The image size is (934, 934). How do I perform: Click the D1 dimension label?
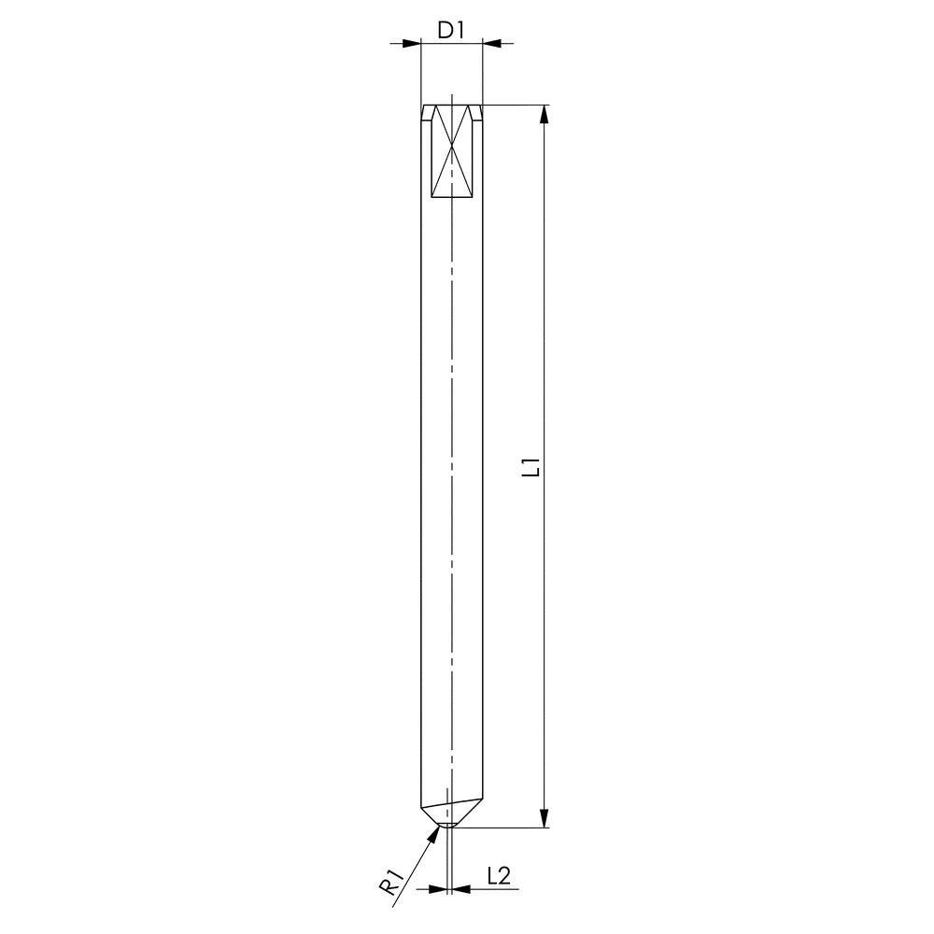coord(451,30)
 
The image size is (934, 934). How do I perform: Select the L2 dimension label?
coord(499,876)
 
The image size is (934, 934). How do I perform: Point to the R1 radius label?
coord(391,883)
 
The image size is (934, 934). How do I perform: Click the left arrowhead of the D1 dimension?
coord(412,43)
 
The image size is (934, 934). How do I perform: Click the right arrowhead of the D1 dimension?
coord(491,43)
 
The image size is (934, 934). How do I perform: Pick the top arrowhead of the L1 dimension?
coord(544,114)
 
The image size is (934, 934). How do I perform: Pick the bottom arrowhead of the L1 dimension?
coord(544,818)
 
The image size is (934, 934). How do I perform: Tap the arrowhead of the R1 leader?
coord(433,835)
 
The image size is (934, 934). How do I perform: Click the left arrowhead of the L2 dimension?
coord(438,889)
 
